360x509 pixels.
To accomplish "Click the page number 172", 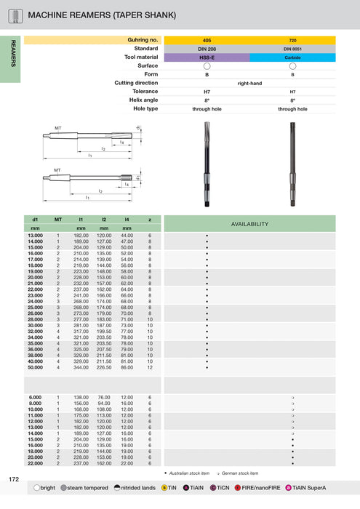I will pyautogui.click(x=14, y=479).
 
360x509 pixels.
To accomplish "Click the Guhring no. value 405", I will pyautogui.click(x=207, y=39).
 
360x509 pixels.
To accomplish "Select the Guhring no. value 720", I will pyautogui.click(x=292, y=39).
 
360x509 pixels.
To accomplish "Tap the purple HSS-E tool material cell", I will pyautogui.click(x=207, y=57).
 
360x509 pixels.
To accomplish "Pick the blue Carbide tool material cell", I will pyautogui.click(x=292, y=57).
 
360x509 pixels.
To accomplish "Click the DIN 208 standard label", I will pyautogui.click(x=207, y=48).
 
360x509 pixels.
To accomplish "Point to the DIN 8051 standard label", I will pyautogui.click(x=292, y=48).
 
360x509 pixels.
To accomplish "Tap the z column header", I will pyautogui.click(x=150, y=219).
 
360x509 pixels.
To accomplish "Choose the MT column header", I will pyautogui.click(x=57, y=219).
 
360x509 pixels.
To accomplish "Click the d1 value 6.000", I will pyautogui.click(x=35, y=397).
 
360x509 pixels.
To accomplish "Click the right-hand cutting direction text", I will pyautogui.click(x=249, y=83).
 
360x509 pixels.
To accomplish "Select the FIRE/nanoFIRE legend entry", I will pyautogui.click(x=257, y=489).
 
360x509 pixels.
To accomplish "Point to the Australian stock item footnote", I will pyautogui.click(x=188, y=473).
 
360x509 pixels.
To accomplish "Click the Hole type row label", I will pyautogui.click(x=145, y=108).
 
